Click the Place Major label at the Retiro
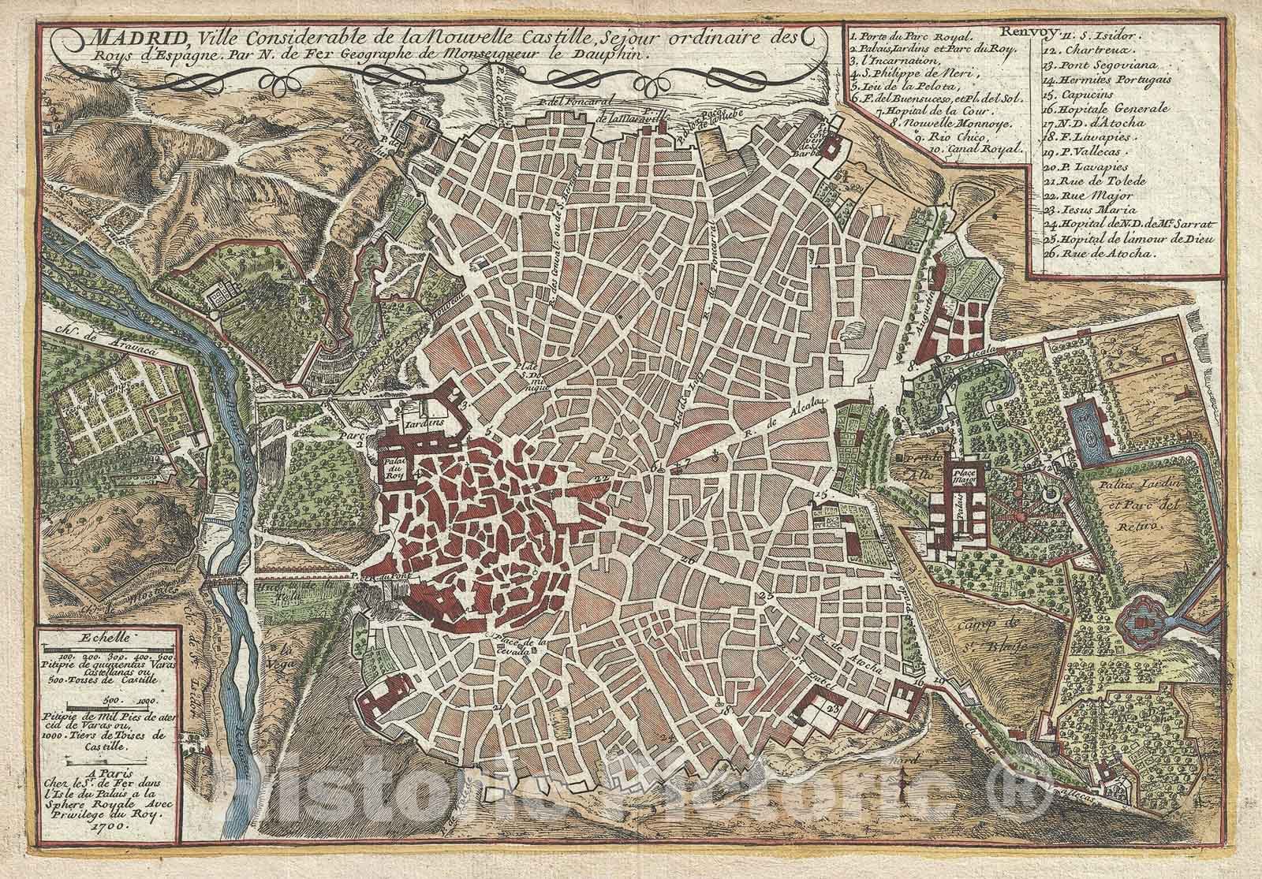[x=965, y=471]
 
